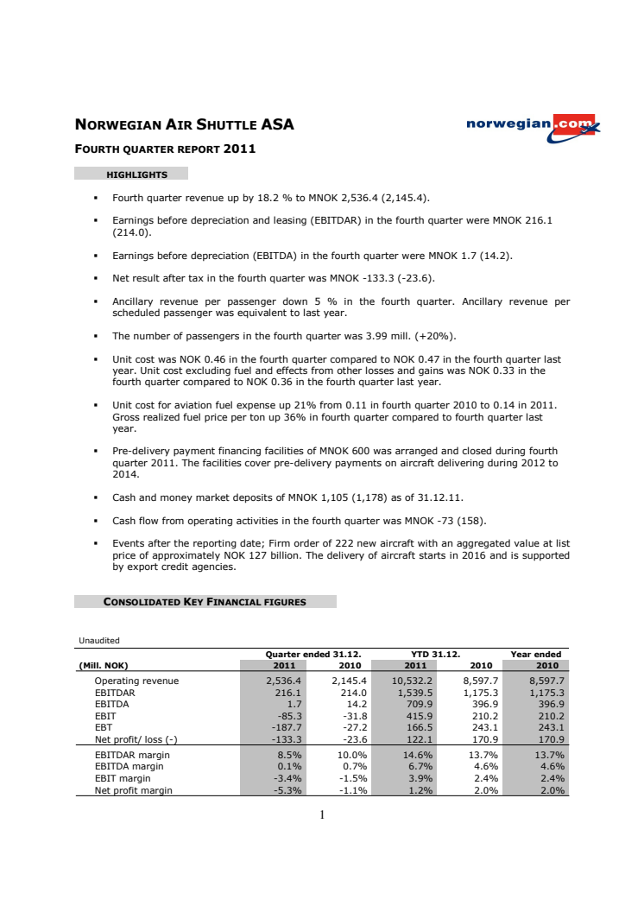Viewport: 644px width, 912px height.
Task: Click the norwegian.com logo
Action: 533,125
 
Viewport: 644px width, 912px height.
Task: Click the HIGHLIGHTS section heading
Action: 136,174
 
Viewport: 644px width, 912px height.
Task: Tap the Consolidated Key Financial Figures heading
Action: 205,602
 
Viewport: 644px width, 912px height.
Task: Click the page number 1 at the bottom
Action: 321,814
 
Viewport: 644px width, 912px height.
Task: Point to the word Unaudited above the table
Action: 99,640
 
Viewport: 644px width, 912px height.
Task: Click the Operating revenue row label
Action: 136,681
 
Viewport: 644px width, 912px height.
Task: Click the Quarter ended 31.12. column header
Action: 313,654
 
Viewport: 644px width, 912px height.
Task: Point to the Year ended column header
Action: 536,654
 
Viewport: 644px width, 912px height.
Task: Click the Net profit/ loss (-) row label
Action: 136,740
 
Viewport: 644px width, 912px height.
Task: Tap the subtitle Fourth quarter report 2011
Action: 165,149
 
